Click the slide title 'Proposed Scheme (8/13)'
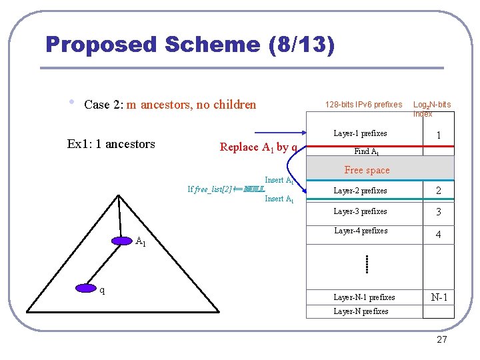pos(190,45)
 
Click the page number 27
pos(441,339)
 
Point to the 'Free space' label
pos(367,170)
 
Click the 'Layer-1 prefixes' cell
pos(360,133)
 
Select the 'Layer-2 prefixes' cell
pos(360,191)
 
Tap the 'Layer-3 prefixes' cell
pos(360,211)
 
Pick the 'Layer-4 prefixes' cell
pos(360,231)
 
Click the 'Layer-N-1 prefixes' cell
pos(364,297)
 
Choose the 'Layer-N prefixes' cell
pos(361,311)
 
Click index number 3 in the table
pos(438,212)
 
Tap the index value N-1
pos(439,297)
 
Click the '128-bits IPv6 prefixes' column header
pos(363,105)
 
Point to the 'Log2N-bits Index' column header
pos(431,109)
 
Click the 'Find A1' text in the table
pos(367,151)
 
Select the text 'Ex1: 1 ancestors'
pos(111,144)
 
